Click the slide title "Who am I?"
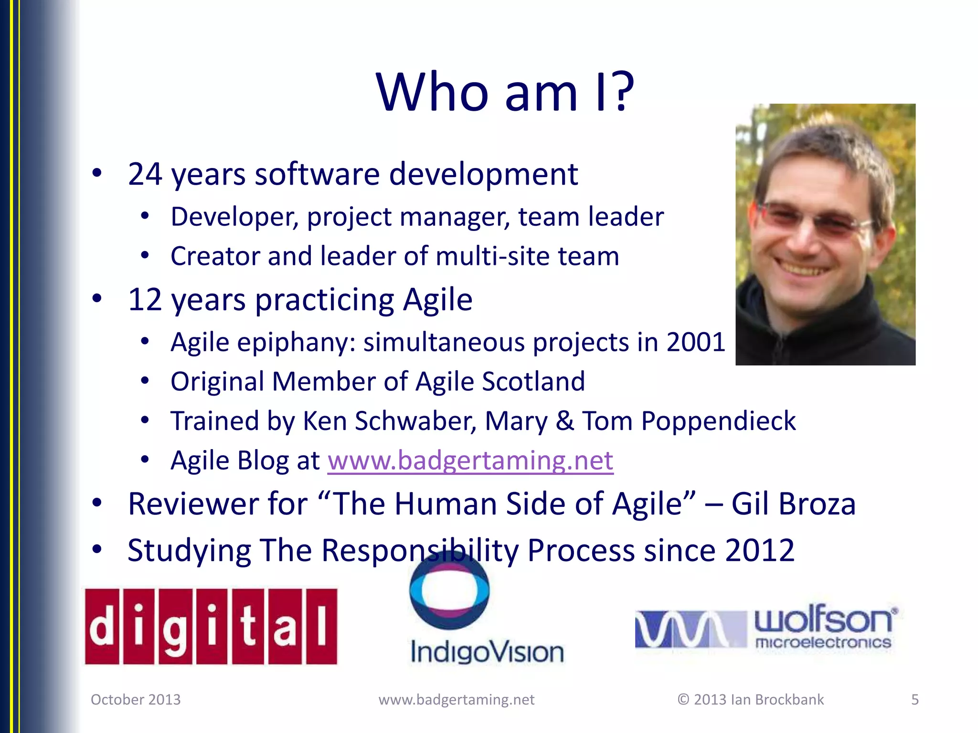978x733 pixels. click(x=505, y=92)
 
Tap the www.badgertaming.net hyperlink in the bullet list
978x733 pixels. click(x=470, y=461)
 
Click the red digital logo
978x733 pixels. click(x=211, y=626)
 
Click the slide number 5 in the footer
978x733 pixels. click(x=914, y=700)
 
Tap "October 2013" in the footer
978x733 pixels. click(x=136, y=700)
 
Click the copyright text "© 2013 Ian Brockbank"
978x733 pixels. click(x=750, y=700)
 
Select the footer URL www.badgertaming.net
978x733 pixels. click(x=456, y=700)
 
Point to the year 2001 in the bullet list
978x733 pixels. click(x=695, y=342)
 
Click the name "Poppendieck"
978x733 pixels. click(x=718, y=421)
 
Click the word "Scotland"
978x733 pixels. click(x=533, y=382)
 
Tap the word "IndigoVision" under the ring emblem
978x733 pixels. click(x=487, y=652)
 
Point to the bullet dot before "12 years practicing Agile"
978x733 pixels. click(x=97, y=299)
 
